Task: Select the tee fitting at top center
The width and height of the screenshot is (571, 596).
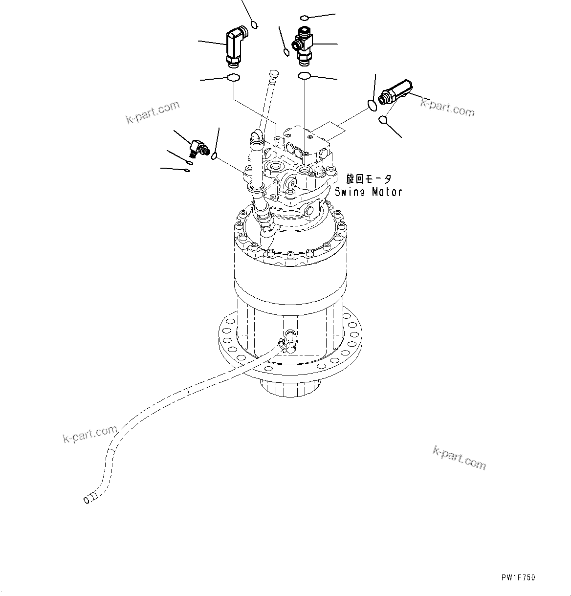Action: coord(303,46)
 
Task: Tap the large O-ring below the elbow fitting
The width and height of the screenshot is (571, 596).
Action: coord(233,77)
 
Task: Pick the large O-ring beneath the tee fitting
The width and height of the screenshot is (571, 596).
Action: coord(305,76)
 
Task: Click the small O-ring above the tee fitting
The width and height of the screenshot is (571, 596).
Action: coord(304,18)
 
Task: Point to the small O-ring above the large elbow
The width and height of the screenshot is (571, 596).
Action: coord(254,24)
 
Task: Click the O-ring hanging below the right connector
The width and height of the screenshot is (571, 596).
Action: coord(384,119)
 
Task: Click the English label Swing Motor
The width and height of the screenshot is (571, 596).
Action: coord(368,192)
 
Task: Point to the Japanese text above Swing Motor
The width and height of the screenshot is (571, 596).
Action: coord(368,178)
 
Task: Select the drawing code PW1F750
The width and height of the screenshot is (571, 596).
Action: coord(518,577)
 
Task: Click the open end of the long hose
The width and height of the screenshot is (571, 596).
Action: coord(88,499)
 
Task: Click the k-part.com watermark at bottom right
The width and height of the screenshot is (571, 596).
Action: coord(459,457)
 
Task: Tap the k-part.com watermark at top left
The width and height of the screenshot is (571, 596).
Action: coord(153,113)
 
